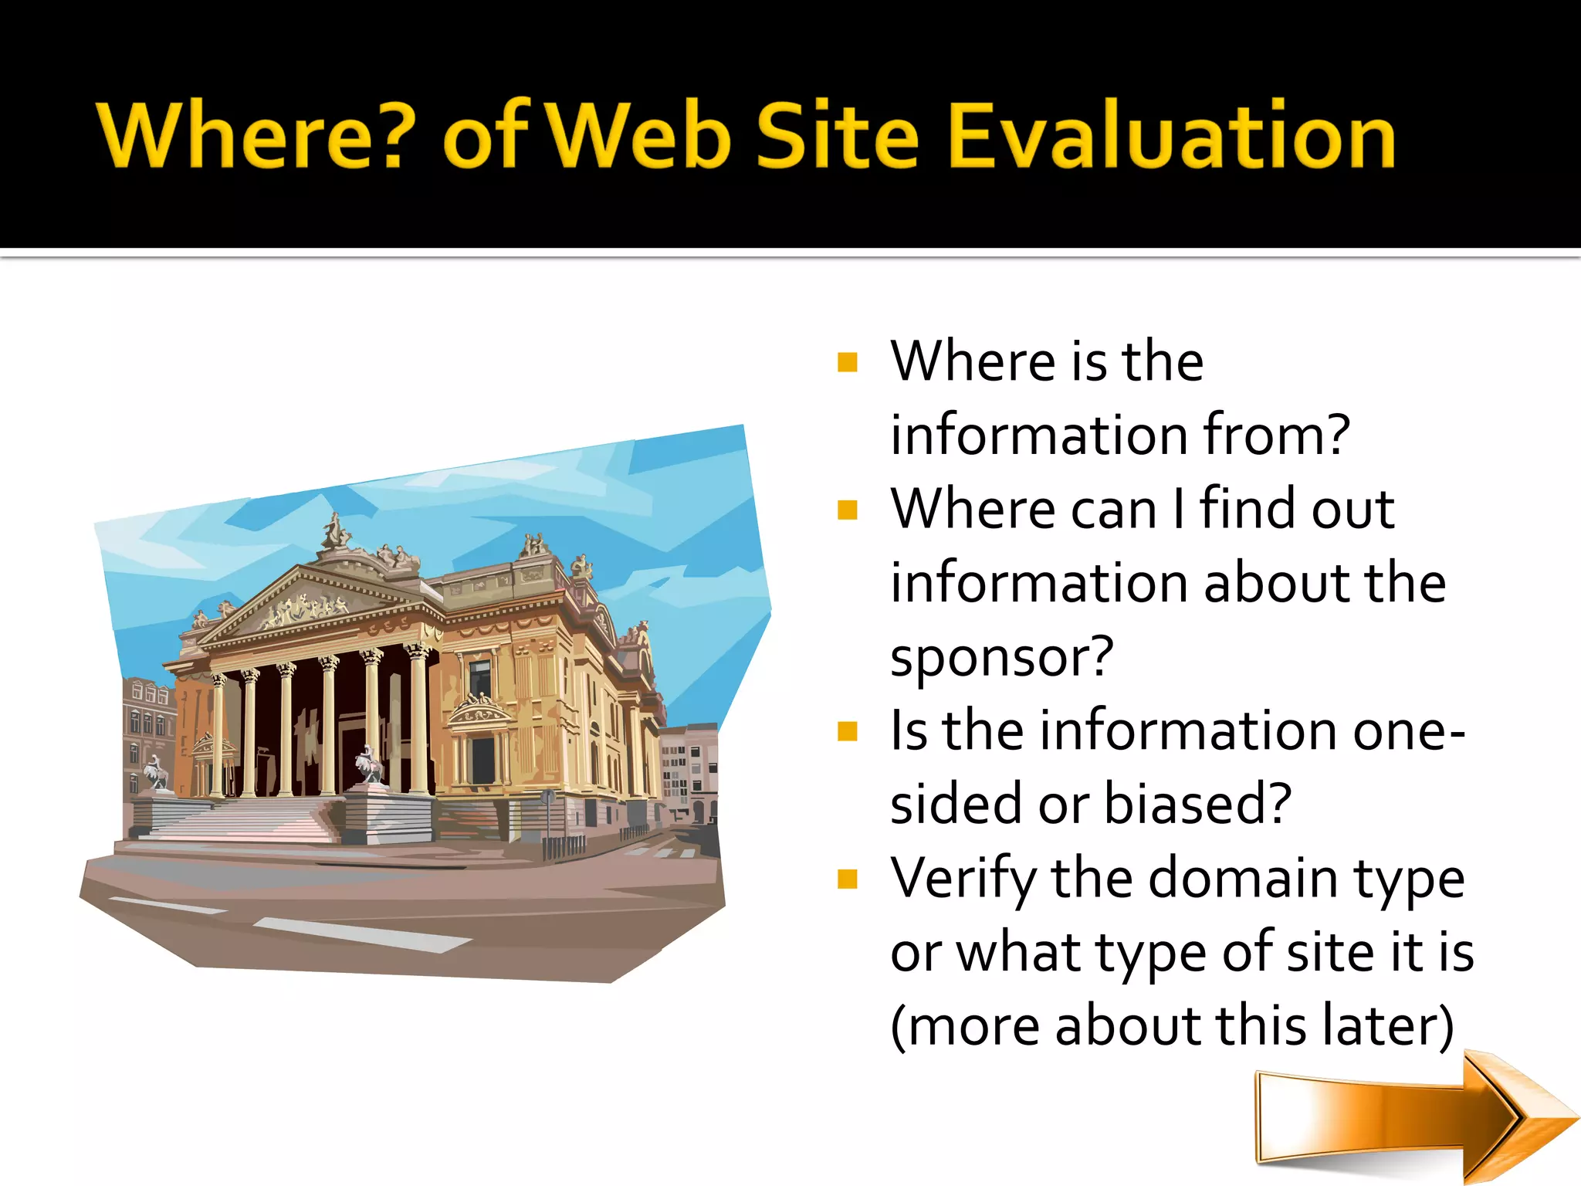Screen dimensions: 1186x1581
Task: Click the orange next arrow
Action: click(x=1413, y=1117)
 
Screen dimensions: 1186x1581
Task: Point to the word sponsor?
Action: click(x=1002, y=657)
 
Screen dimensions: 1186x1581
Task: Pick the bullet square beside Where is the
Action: click(x=848, y=362)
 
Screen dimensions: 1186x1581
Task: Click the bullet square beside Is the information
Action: click(x=848, y=731)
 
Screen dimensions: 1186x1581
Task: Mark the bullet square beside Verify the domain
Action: click(x=848, y=879)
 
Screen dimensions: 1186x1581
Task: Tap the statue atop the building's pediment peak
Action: click(x=335, y=531)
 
